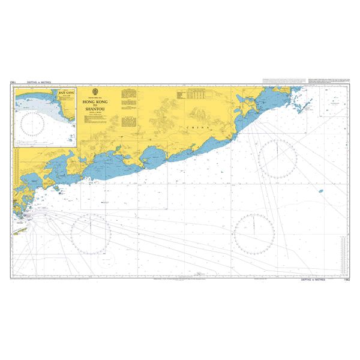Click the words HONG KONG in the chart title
[94, 103]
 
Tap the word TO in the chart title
[94, 106]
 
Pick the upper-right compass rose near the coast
[278, 158]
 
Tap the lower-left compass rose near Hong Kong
[90, 232]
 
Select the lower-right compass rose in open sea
[254, 232]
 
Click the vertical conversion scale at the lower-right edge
[343, 252]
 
